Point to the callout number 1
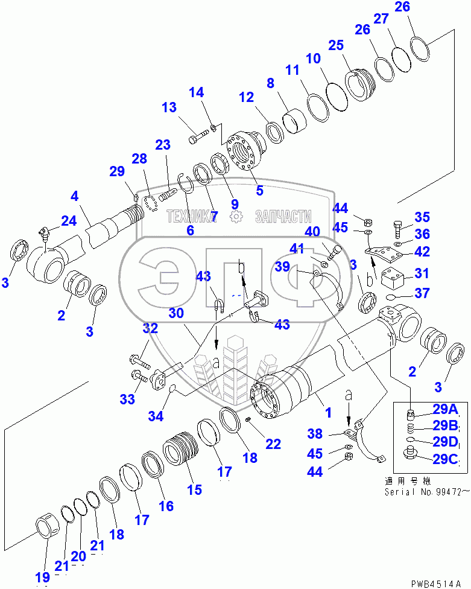[329, 413]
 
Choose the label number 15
[194, 489]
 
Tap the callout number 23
[163, 145]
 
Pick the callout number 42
[422, 252]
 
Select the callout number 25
[336, 46]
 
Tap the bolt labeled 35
[400, 230]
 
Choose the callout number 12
[247, 97]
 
